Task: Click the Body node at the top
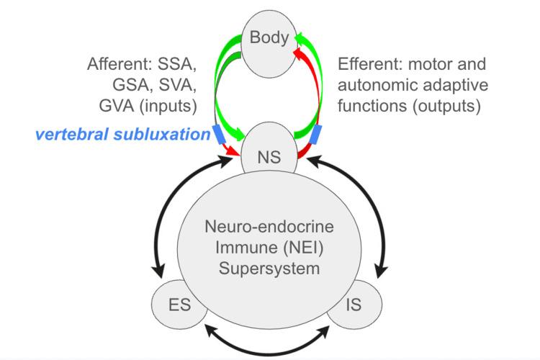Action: [x=269, y=38]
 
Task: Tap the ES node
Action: [x=181, y=305]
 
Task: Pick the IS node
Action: [x=354, y=305]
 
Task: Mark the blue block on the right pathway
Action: [x=315, y=134]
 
